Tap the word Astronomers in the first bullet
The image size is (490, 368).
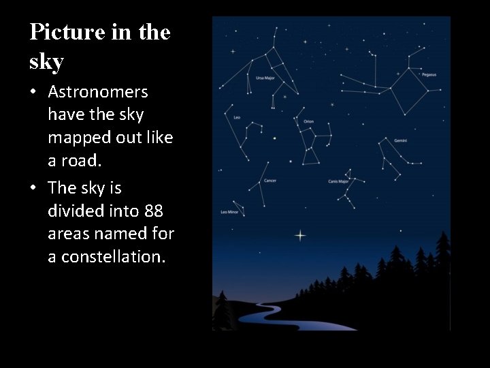[98, 91]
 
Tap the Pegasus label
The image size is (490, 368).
[429, 74]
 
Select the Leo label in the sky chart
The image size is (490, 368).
[237, 117]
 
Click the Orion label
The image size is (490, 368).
[308, 121]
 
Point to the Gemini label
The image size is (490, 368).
[400, 140]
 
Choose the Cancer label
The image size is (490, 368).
[270, 181]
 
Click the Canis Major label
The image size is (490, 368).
[338, 182]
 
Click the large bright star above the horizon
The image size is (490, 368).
[300, 236]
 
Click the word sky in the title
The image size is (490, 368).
[46, 62]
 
